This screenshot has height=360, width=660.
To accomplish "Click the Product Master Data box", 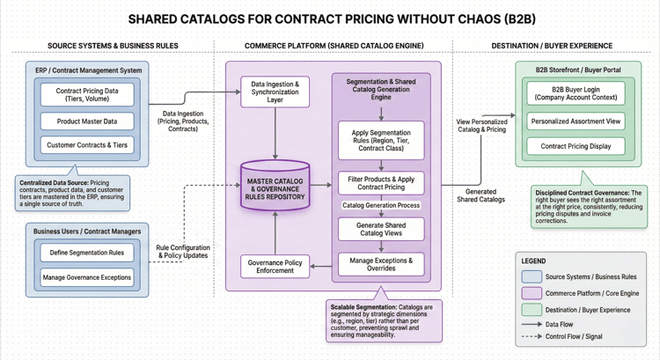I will point(86,121).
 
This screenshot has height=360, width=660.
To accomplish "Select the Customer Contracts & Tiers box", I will point(86,145).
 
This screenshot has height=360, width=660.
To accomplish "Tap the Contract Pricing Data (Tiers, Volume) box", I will point(86,94).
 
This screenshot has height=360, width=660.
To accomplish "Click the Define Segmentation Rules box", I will point(86,253).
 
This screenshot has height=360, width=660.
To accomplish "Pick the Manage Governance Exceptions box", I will point(86,278).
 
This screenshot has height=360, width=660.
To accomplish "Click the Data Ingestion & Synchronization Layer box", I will point(275,92).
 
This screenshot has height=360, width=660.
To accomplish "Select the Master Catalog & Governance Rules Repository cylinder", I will point(275,187).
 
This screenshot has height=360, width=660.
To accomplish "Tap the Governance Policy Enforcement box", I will point(275,266).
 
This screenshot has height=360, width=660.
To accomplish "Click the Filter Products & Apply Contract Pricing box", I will point(381,183).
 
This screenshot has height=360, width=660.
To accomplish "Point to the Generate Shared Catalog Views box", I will point(381,229).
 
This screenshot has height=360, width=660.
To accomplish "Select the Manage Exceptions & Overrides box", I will point(381,264).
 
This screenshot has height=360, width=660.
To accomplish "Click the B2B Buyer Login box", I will point(576,94).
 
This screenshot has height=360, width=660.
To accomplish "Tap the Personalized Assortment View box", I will point(576,121).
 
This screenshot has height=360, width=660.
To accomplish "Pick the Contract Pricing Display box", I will point(576,146).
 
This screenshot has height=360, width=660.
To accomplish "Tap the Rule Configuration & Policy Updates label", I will point(184,252).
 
